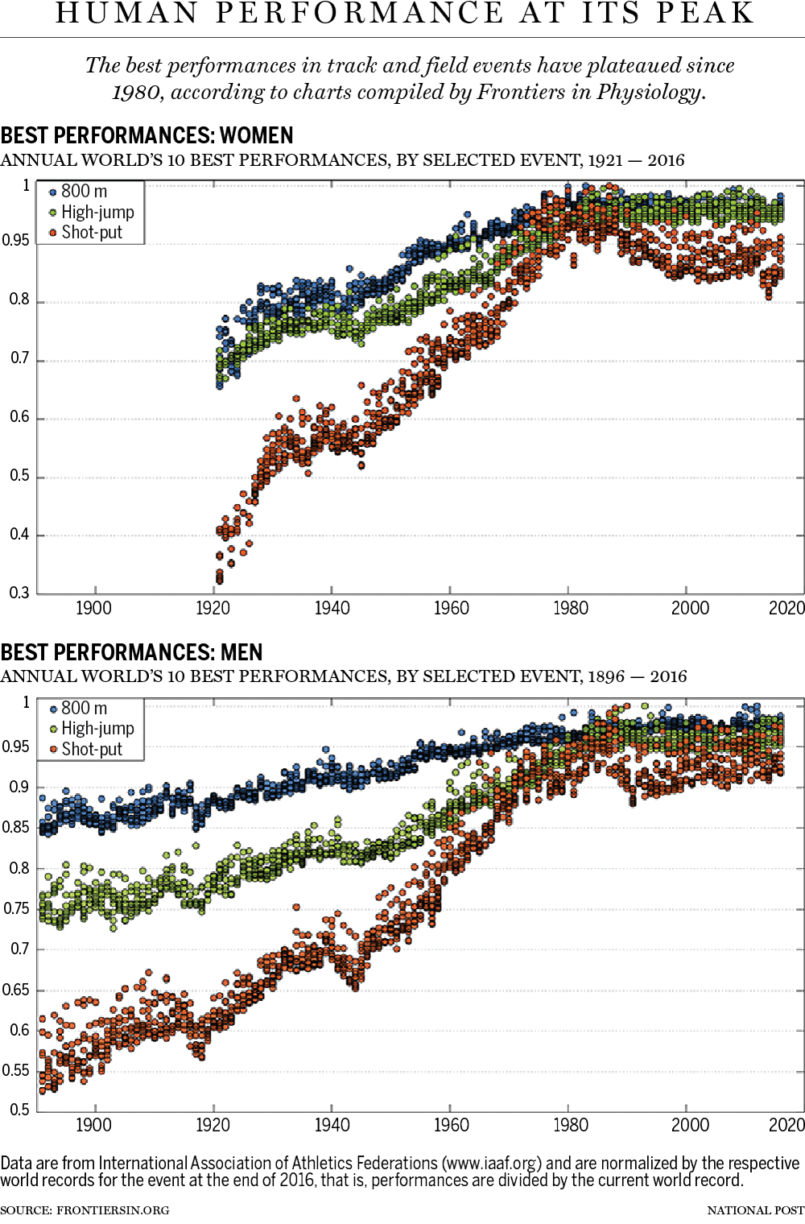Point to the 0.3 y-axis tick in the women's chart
[19, 593]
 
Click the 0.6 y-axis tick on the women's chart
[19, 417]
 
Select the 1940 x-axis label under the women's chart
[332, 609]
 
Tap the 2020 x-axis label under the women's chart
[786, 609]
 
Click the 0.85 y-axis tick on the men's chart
[15, 828]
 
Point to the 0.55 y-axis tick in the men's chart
[15, 1071]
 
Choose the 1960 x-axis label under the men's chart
[451, 1126]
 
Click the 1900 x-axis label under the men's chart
[93, 1126]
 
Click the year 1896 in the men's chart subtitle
[606, 676]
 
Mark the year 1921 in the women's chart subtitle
[605, 160]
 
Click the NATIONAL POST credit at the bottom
[755, 1210]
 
